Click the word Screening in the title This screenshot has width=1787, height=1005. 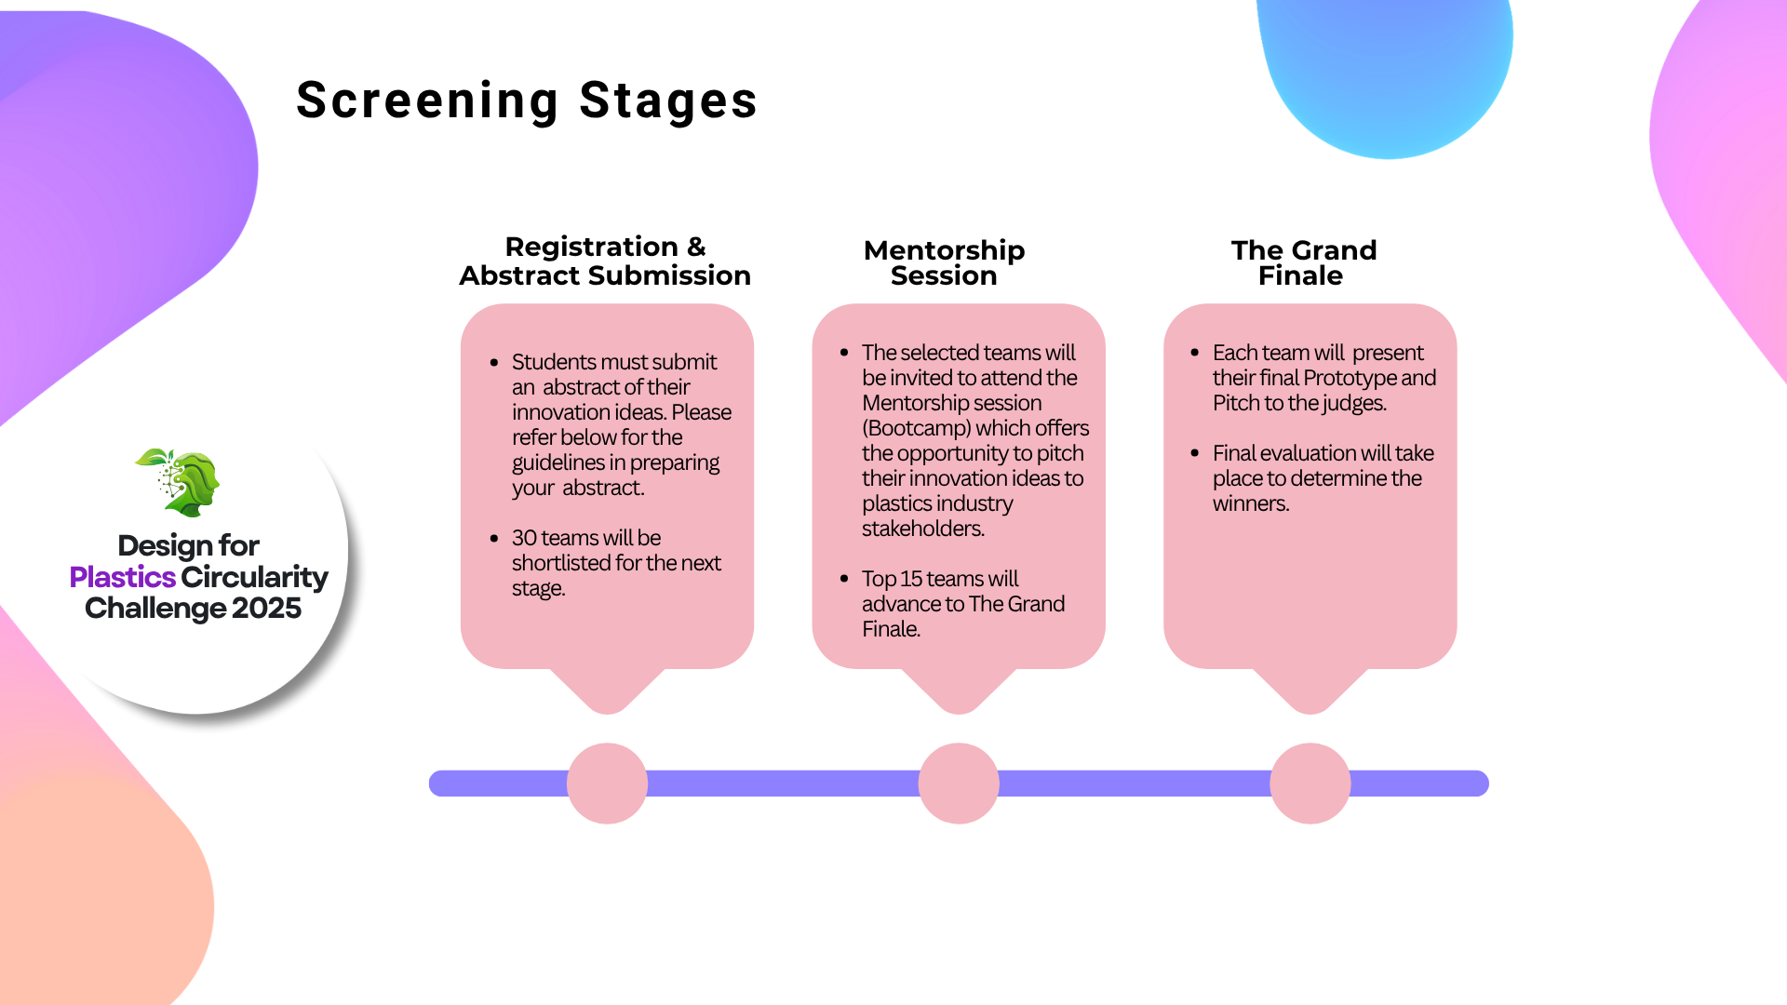click(x=427, y=100)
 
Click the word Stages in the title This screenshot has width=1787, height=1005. click(x=668, y=100)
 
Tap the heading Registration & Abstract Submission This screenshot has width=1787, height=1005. click(x=605, y=261)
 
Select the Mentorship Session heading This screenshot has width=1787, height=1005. click(x=944, y=262)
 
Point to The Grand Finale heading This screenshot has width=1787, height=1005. click(x=1303, y=262)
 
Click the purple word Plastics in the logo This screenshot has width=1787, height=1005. click(x=122, y=577)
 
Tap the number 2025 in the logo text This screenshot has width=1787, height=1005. click(x=266, y=609)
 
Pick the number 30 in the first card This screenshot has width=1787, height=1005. click(x=524, y=538)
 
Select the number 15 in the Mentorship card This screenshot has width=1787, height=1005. click(x=911, y=579)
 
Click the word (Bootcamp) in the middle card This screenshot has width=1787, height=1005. click(x=916, y=428)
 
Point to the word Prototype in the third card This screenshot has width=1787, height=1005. click(x=1349, y=378)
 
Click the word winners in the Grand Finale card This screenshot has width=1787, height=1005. click(x=1250, y=503)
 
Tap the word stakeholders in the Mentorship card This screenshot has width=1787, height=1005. click(x=921, y=529)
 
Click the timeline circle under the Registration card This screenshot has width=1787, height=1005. click(x=607, y=784)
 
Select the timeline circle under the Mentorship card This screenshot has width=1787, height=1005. click(x=959, y=784)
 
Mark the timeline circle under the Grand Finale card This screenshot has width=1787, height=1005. click(x=1310, y=784)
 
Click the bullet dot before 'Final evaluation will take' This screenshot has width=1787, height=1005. click(x=1194, y=453)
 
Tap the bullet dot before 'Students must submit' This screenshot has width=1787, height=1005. click(x=494, y=362)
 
